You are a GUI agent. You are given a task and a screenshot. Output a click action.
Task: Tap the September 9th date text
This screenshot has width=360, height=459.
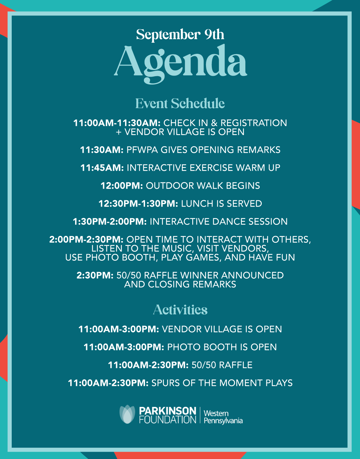point(180,34)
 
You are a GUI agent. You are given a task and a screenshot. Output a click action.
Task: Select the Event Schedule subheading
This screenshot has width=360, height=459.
point(180,103)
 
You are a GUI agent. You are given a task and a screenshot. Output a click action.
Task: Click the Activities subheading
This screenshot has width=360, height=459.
point(180,310)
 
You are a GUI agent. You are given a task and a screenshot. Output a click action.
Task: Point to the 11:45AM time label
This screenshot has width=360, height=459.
point(102,168)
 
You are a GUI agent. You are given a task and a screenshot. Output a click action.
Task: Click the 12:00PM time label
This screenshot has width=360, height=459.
point(122,186)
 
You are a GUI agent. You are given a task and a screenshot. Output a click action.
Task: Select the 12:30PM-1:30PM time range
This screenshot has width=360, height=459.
point(138,204)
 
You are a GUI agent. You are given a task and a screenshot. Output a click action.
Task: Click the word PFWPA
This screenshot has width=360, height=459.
point(142,150)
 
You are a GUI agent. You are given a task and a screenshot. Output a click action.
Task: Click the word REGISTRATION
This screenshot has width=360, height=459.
point(254,123)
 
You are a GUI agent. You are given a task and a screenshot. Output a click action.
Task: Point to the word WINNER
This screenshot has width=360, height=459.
point(199,276)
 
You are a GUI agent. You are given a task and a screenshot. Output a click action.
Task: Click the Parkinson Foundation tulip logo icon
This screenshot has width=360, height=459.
point(127,414)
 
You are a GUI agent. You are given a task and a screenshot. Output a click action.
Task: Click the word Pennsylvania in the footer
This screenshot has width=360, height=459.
point(223,421)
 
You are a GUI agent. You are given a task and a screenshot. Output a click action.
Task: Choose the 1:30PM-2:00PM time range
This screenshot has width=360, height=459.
point(110,222)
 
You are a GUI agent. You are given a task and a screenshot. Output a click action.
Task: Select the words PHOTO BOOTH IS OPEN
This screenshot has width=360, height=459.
point(222,347)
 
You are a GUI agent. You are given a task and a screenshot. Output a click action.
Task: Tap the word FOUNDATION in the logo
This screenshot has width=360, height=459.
point(167,420)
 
